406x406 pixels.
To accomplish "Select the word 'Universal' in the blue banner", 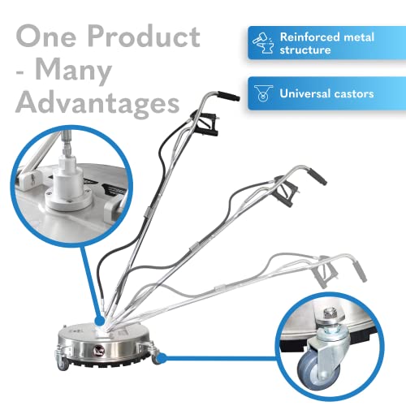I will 305,94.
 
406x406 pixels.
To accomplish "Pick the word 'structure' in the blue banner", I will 306,51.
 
